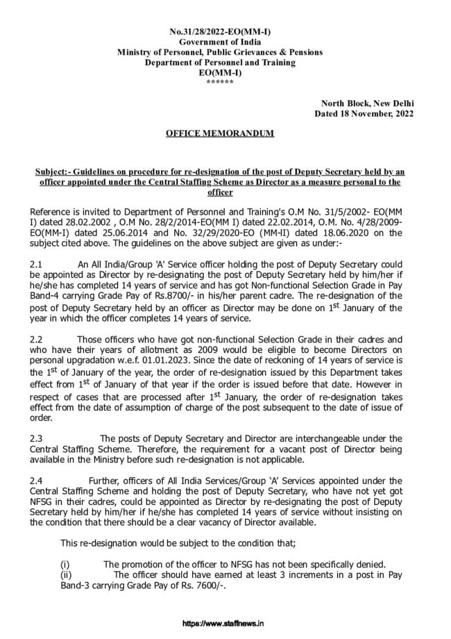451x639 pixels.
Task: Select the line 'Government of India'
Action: pos(220,43)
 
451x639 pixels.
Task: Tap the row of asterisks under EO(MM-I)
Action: pos(220,82)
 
